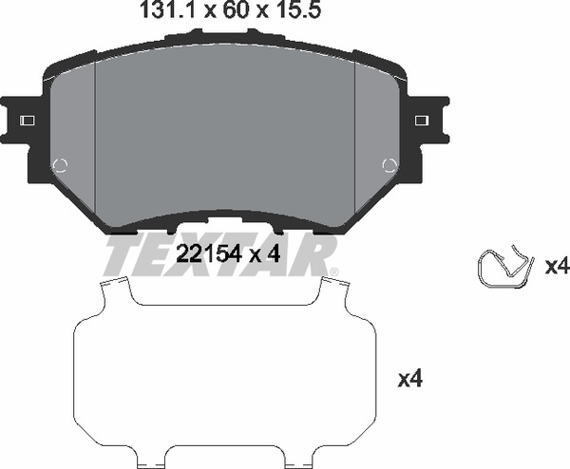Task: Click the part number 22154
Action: point(209,253)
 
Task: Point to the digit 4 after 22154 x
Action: point(274,253)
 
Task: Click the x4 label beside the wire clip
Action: point(556,267)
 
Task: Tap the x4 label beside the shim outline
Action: point(410,380)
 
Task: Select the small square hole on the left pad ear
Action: point(28,121)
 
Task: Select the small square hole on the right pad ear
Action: point(422,121)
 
